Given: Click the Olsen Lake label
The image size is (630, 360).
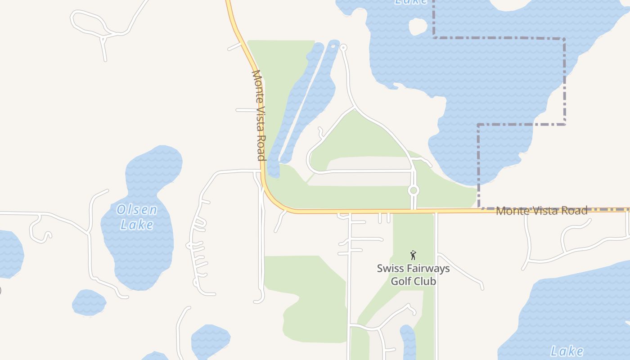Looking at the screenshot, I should tap(137, 216).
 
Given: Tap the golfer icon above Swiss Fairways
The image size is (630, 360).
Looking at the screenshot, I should tap(413, 255).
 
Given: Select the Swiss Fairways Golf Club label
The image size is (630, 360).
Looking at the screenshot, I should tap(413, 274).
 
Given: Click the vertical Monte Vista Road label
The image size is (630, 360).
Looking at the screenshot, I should tap(258, 115).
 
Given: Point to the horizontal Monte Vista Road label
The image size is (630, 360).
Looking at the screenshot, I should tap(541, 211).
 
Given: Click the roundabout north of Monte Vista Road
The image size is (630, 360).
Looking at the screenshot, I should tap(414, 190).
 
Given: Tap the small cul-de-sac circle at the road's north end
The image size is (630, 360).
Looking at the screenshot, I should tap(343, 47).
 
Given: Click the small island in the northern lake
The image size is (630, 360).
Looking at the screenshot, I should tap(418, 26).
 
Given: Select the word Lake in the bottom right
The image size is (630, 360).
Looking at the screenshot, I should tap(567, 351).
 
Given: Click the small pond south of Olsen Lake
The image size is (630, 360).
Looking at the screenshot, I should tap(89, 302).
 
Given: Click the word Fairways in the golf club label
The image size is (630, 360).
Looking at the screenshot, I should tap(427, 269).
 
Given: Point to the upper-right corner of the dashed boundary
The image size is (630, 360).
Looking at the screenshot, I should tap(564, 39).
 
